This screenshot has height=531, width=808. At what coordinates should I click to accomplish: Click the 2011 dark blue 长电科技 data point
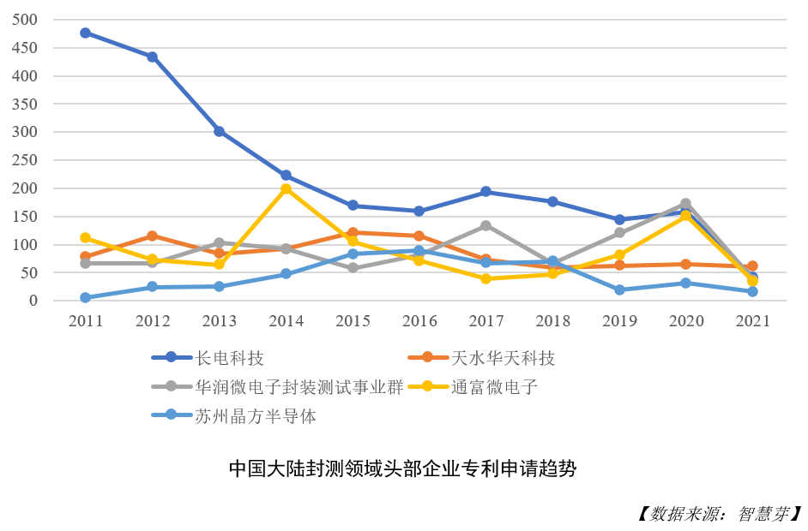point(85,33)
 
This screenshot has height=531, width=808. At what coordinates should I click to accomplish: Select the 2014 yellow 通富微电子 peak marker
point(286,188)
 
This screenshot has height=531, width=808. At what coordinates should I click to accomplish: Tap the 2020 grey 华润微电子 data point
point(685,204)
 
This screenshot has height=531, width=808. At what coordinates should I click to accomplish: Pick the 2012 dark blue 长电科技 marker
point(152,57)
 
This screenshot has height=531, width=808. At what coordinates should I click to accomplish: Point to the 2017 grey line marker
point(485,225)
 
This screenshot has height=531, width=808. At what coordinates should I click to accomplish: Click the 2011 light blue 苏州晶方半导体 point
point(85,297)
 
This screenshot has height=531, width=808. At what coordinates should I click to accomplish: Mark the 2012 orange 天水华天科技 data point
point(152,236)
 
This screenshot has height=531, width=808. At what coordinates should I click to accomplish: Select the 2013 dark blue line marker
point(219,131)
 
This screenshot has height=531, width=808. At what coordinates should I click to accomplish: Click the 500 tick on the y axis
point(26,20)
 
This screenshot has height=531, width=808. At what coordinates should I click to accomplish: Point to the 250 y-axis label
point(26,160)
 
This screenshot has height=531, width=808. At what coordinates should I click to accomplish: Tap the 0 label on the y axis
point(34,301)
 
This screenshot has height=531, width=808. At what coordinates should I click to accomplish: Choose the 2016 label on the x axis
point(419,322)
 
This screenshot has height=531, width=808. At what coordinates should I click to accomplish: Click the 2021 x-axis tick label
point(752,322)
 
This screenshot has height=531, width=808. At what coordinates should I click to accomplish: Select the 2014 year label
point(286,322)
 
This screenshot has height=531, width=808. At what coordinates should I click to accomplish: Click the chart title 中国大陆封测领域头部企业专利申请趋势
point(402,469)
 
